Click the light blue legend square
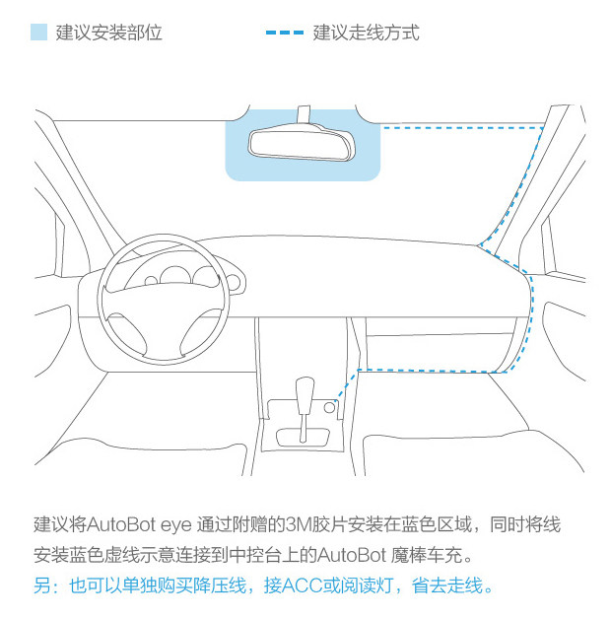tap(38, 32)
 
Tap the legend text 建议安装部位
tap(109, 33)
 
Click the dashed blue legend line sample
tap(285, 33)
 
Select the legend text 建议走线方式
tap(366, 33)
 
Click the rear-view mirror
tap(302, 142)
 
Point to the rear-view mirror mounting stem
tap(304, 114)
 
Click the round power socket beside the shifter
tap(329, 407)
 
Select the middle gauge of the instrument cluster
tap(175, 275)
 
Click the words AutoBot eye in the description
tap(139, 525)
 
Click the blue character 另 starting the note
tap(42, 585)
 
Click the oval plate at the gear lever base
tap(304, 438)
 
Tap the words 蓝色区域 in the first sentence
tap(437, 525)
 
